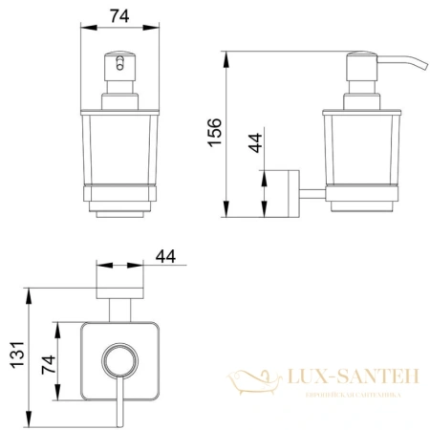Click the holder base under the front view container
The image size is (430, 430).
(x=121, y=201)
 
